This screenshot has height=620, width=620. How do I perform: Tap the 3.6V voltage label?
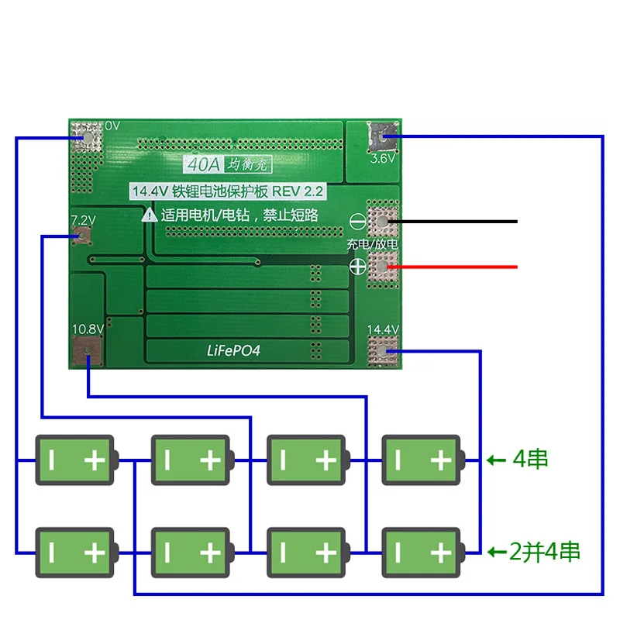tap(383, 158)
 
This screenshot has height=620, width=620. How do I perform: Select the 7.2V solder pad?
tap(83, 232)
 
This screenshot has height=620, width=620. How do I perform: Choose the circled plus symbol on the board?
tap(357, 267)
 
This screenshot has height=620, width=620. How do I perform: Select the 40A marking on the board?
tap(196, 164)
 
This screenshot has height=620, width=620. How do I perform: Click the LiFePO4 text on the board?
tap(232, 350)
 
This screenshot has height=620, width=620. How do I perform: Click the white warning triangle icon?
tap(148, 215)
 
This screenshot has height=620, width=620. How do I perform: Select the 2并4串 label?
tap(544, 552)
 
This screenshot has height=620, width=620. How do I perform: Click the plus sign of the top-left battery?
tap(94, 460)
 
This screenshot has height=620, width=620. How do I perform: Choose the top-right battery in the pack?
tap(422, 460)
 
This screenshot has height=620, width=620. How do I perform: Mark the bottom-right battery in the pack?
tap(422, 553)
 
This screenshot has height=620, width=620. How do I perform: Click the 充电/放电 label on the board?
tap(372, 244)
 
